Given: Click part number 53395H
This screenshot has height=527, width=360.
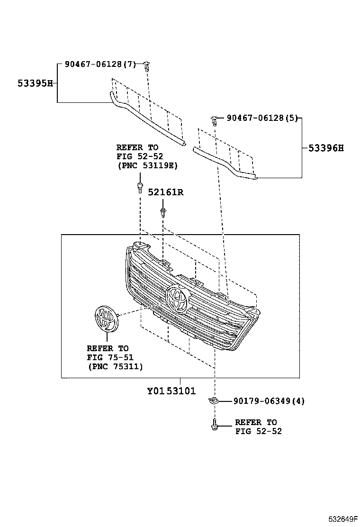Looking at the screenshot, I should [x=35, y=83].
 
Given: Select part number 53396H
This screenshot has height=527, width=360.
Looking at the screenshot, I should [x=326, y=148].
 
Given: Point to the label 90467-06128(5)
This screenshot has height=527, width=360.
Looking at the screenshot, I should [x=262, y=118].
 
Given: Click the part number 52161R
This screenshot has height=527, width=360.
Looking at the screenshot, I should [x=165, y=192].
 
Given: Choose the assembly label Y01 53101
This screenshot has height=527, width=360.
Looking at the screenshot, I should [x=171, y=391].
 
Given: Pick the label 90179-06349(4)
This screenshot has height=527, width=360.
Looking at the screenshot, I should [x=269, y=401].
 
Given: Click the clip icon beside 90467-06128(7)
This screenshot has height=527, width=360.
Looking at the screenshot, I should [x=147, y=66].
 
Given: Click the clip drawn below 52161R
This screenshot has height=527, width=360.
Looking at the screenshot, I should [x=163, y=213].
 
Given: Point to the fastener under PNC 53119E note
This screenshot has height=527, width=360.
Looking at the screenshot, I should [x=140, y=187].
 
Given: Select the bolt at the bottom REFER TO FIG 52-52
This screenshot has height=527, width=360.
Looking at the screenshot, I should [x=214, y=425].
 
